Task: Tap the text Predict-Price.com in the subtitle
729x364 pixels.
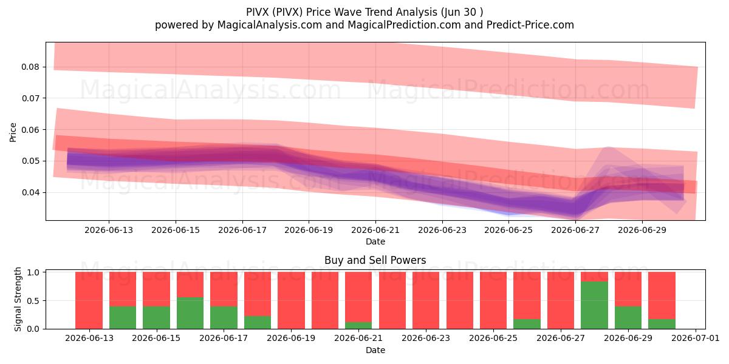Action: (x=530, y=25)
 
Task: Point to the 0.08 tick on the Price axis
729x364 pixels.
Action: (x=30, y=67)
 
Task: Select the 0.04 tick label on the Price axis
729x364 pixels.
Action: (x=30, y=192)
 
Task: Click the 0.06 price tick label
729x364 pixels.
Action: (x=30, y=130)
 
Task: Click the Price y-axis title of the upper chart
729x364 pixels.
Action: (x=13, y=132)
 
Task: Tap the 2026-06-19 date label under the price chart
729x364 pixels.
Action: (x=309, y=230)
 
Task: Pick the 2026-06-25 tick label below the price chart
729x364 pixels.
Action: (x=508, y=230)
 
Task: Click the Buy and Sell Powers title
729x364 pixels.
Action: (x=375, y=260)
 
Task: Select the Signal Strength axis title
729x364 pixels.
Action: (x=18, y=299)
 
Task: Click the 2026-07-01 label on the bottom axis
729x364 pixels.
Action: (x=696, y=338)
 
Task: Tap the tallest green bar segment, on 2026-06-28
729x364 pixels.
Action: (x=594, y=305)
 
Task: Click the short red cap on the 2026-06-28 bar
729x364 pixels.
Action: (x=594, y=277)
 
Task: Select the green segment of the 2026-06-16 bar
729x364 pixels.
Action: (x=190, y=313)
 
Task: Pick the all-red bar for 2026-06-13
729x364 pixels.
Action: (x=89, y=300)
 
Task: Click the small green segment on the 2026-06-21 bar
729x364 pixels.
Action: (x=358, y=325)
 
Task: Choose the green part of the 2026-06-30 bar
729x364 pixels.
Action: (x=662, y=324)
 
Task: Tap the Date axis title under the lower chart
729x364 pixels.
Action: (x=375, y=350)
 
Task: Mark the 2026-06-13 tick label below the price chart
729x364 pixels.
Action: (x=109, y=230)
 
